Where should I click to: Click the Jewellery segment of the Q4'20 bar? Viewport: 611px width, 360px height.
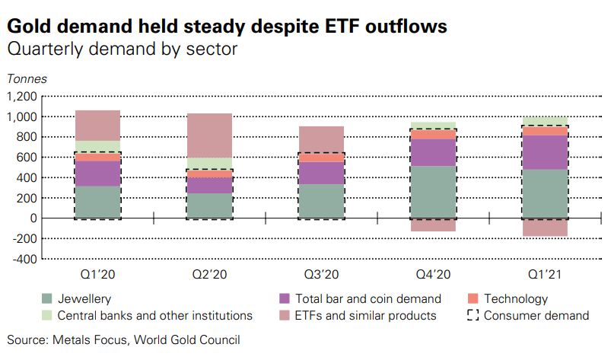click(x=434, y=192)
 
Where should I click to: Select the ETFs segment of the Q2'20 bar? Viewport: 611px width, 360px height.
click(x=210, y=135)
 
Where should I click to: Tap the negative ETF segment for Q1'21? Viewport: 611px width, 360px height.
click(x=545, y=227)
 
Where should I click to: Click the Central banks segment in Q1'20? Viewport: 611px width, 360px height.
click(x=97, y=146)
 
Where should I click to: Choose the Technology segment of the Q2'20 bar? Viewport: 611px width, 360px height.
click(x=210, y=174)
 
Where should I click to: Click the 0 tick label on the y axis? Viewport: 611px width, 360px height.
click(x=33, y=218)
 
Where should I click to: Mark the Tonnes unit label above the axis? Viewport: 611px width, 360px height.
click(x=27, y=78)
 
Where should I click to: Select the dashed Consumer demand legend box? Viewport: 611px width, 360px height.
click(x=473, y=315)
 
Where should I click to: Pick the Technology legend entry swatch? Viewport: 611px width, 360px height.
click(x=473, y=299)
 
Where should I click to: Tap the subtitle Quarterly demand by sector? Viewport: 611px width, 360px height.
click(x=122, y=50)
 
